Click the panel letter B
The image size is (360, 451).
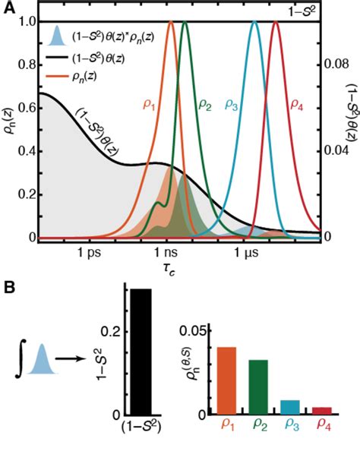8,289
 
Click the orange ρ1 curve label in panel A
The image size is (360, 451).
149,104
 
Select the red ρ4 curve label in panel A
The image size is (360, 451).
295,104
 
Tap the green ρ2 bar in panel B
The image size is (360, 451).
259,387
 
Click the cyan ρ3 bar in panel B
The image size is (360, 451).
289,407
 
